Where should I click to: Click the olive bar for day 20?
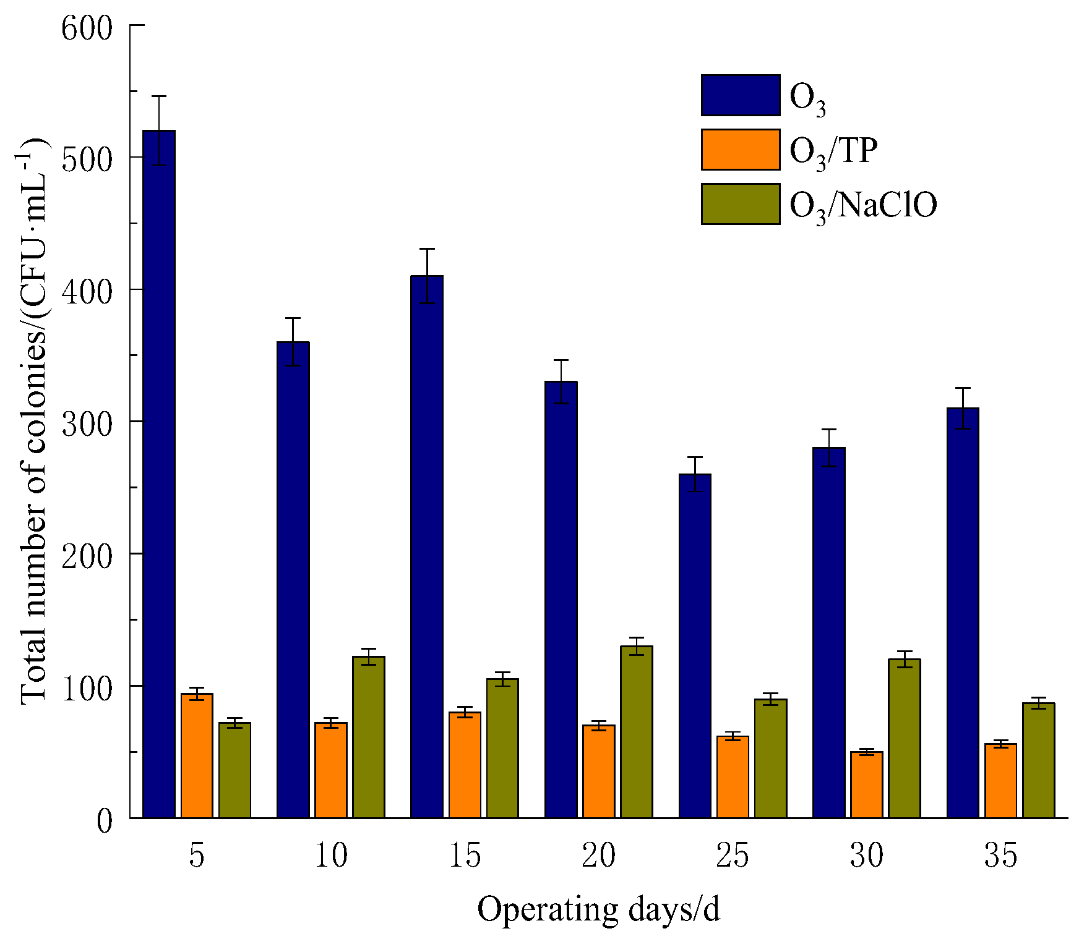click(637, 732)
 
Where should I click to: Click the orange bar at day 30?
click(866, 784)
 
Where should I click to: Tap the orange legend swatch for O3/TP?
click(741, 150)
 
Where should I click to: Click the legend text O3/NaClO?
click(863, 205)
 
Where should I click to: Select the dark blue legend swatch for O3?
click(741, 95)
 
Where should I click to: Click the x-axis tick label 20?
click(598, 856)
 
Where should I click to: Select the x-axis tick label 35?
click(1000, 856)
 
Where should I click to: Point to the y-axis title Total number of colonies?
click(34, 420)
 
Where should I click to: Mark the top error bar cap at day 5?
click(159, 96)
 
